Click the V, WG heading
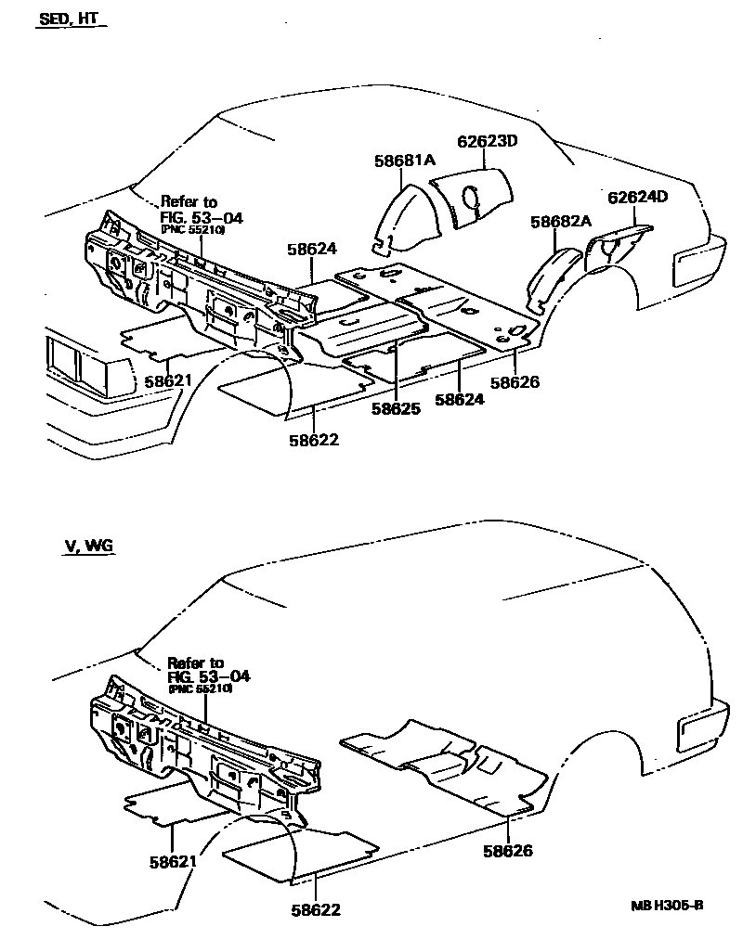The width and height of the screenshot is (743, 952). pos(88,546)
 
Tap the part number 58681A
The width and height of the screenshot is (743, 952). pos(404,161)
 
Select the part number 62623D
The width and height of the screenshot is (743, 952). pos(487,142)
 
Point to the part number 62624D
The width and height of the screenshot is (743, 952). pos(638,198)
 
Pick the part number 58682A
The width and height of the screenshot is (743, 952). pos(561,222)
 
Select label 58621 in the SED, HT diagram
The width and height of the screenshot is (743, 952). pos(167,381)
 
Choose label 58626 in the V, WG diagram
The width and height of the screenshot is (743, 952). pos(507,850)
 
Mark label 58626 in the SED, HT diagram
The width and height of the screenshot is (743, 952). pos(515,381)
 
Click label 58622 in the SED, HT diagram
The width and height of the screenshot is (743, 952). pos(313,440)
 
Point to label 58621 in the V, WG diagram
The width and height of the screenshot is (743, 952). pos(173,861)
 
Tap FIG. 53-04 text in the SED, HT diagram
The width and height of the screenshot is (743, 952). pos(202,217)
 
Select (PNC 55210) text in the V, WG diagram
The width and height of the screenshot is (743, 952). pos(201,688)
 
